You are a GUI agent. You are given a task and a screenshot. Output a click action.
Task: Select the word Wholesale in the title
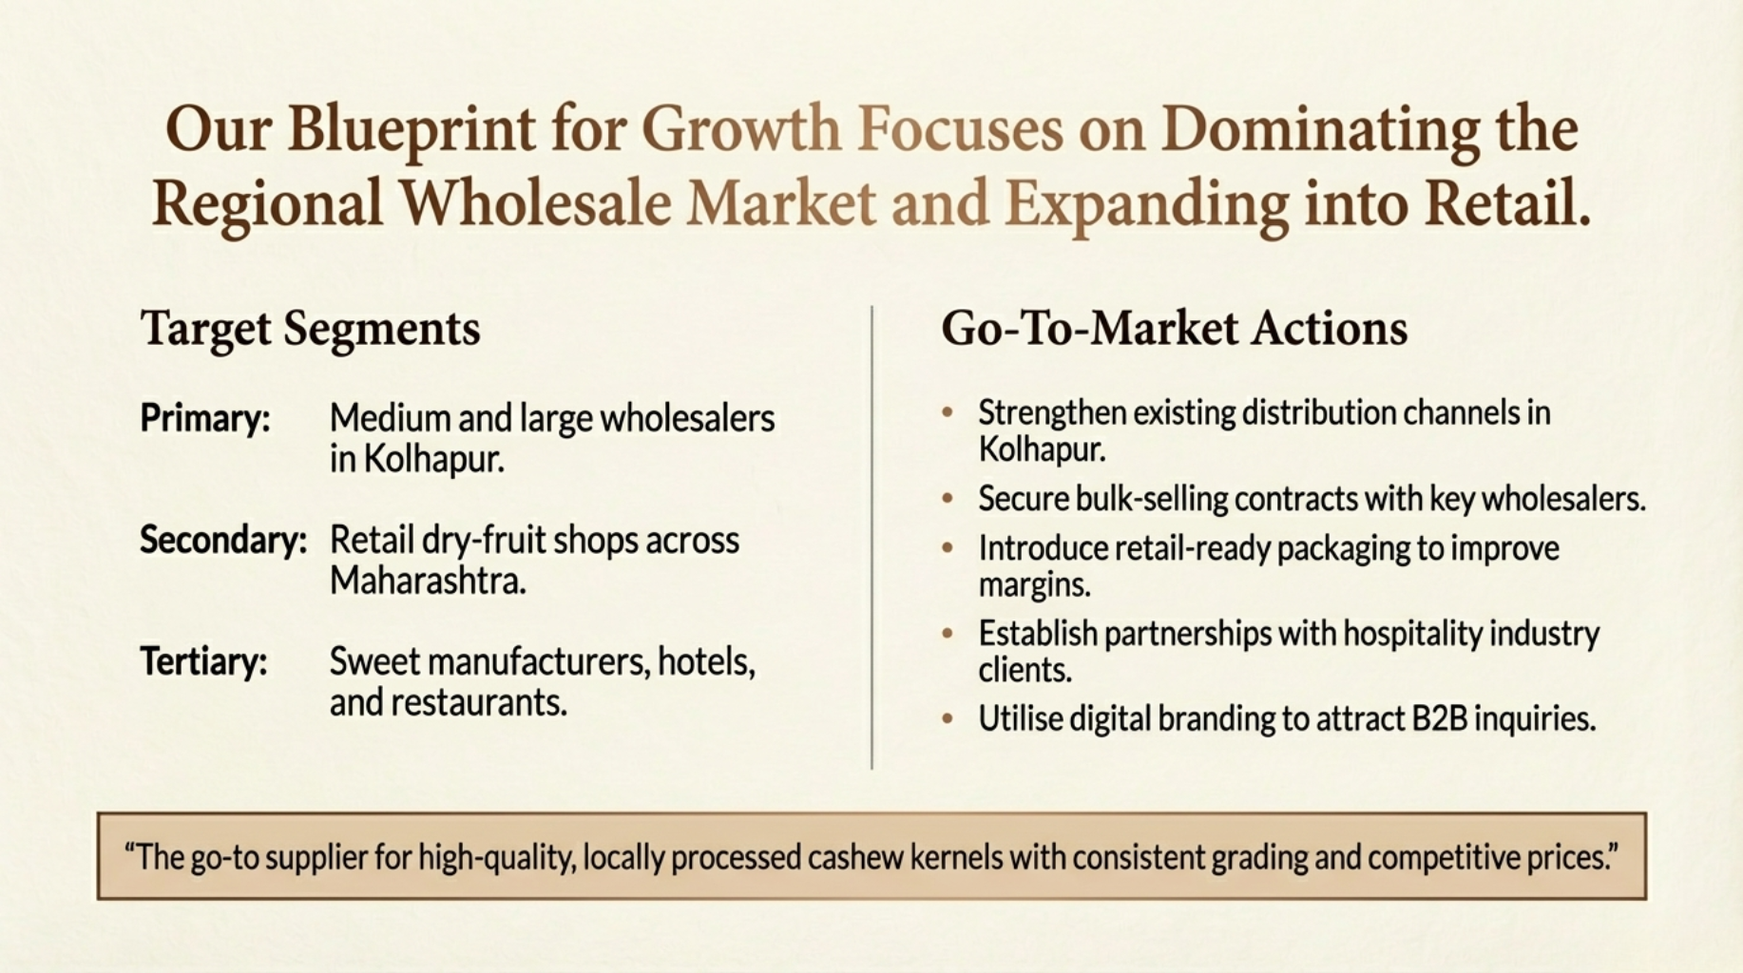pyautogui.click(x=535, y=202)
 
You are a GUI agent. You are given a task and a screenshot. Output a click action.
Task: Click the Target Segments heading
pyautogui.click(x=311, y=330)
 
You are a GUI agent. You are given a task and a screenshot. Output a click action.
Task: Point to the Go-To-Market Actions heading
pyautogui.click(x=1175, y=329)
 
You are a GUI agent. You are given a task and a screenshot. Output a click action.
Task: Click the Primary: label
pyautogui.click(x=205, y=418)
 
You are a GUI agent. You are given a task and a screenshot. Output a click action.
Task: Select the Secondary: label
pyautogui.click(x=223, y=540)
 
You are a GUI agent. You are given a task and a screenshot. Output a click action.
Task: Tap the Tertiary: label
pyautogui.click(x=203, y=661)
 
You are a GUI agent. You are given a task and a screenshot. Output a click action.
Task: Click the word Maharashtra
pyautogui.click(x=428, y=581)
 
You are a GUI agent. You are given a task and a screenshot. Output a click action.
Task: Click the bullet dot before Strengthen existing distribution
pyautogui.click(x=948, y=412)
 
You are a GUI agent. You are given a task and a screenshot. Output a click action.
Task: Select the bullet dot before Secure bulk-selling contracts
pyautogui.click(x=948, y=498)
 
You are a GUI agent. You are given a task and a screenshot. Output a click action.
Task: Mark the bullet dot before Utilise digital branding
pyautogui.click(x=948, y=718)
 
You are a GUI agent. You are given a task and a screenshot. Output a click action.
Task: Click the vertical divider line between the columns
pyautogui.click(x=871, y=537)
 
